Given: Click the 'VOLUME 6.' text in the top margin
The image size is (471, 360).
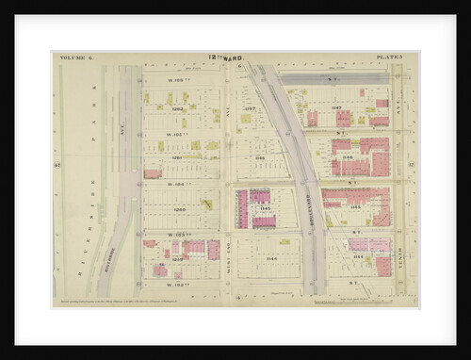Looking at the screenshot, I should [72, 57].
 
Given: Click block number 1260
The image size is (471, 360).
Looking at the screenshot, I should [178, 209].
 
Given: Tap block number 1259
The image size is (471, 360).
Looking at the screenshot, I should [178, 258].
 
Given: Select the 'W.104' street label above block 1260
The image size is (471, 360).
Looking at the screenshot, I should [178, 185].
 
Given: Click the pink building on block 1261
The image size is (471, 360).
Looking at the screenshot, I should [153, 173].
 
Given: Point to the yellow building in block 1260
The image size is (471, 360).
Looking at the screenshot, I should [206, 204].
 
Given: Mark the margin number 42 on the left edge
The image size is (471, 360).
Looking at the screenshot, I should [57, 165].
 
